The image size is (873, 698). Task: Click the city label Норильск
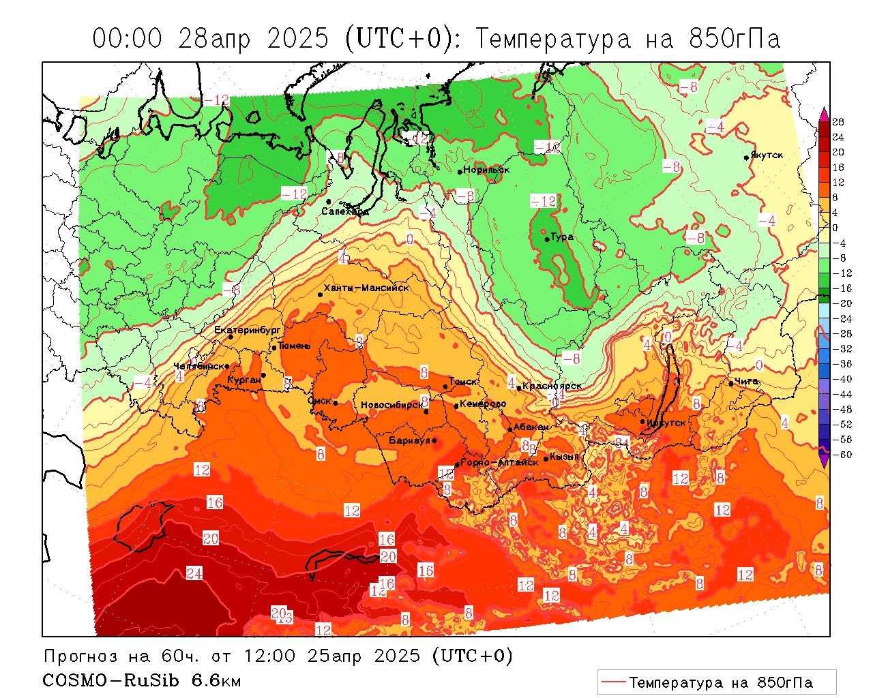click(x=486, y=170)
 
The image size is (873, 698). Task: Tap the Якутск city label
click(x=767, y=155)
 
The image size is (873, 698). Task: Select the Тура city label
click(x=562, y=237)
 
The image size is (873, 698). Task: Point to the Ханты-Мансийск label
click(x=366, y=288)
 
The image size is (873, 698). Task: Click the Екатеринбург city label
click(x=248, y=331)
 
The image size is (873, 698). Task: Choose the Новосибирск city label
click(x=391, y=406)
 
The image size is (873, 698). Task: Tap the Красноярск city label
click(x=552, y=386)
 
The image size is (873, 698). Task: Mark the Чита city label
click(x=747, y=382)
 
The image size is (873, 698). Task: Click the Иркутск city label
click(x=666, y=423)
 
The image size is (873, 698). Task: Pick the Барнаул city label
click(x=409, y=441)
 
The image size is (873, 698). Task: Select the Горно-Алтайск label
click(x=500, y=462)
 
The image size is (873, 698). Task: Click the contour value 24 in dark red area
click(x=194, y=573)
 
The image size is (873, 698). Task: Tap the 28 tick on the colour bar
click(x=838, y=122)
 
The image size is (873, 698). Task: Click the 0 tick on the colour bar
click(x=835, y=228)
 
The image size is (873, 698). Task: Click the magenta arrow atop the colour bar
click(x=824, y=113)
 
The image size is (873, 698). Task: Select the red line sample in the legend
click(x=614, y=682)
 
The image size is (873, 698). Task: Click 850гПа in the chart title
click(x=735, y=39)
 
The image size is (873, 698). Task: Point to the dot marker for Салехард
click(x=329, y=202)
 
